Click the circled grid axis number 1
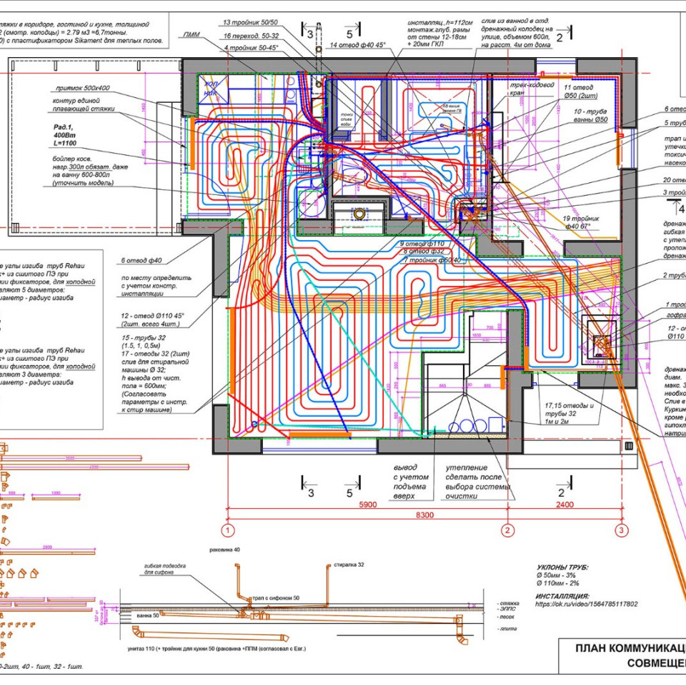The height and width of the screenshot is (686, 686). coord(227,530)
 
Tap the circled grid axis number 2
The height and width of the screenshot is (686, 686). coord(507,530)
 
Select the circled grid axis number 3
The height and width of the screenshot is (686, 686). coord(622,530)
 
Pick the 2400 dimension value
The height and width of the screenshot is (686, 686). coord(565,505)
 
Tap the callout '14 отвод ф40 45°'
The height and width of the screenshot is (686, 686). coord(357,45)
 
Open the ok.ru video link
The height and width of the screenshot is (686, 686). coord(586,604)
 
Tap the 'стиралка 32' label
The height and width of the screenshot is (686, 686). coord(349,565)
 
